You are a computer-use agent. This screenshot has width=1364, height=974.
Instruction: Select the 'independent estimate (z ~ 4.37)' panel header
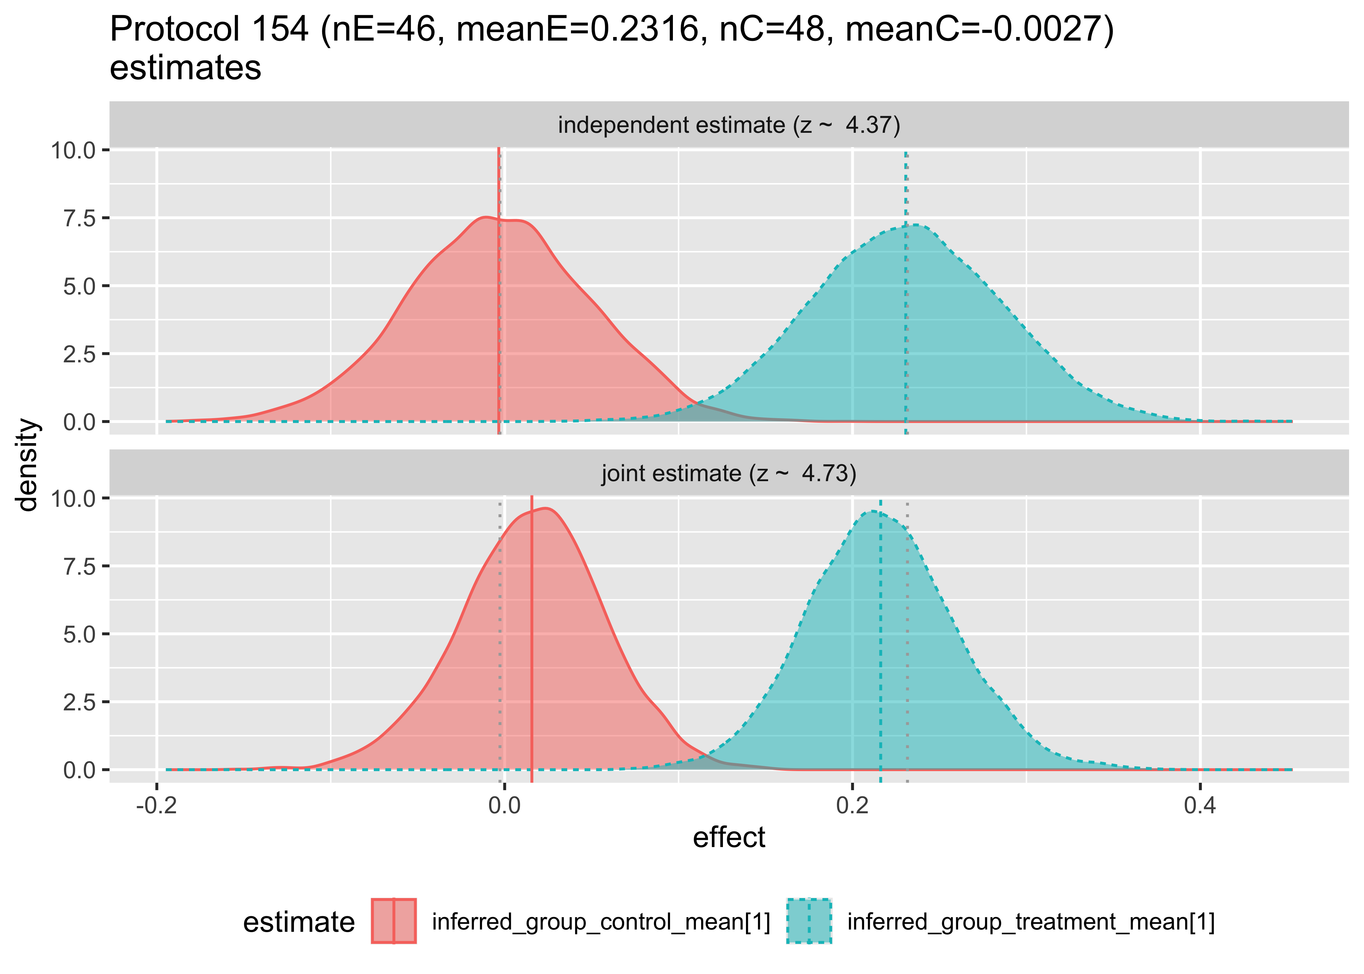(729, 125)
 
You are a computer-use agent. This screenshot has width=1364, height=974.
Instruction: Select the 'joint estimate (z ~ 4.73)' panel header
(729, 474)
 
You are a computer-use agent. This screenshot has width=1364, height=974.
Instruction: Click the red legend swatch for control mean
(394, 921)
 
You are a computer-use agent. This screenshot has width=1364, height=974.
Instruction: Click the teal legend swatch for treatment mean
(809, 921)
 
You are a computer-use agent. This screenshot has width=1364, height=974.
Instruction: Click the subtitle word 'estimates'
(185, 67)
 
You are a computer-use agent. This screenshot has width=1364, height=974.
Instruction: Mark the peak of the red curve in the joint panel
(546, 509)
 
